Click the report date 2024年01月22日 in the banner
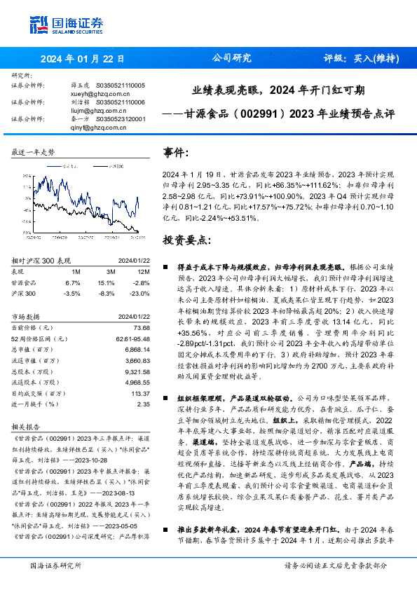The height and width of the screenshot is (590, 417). point(82,59)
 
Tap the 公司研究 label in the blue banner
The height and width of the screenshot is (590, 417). point(231,59)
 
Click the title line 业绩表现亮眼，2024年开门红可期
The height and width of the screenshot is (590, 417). point(278,90)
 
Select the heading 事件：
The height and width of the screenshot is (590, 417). point(176,151)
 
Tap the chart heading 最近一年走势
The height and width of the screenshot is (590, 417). point(33,152)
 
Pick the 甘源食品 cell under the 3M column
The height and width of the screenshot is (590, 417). point(111,282)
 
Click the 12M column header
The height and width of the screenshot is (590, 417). point(144,271)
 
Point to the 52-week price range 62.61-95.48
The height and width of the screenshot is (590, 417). point(132,338)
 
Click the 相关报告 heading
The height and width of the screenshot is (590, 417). point(27,426)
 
